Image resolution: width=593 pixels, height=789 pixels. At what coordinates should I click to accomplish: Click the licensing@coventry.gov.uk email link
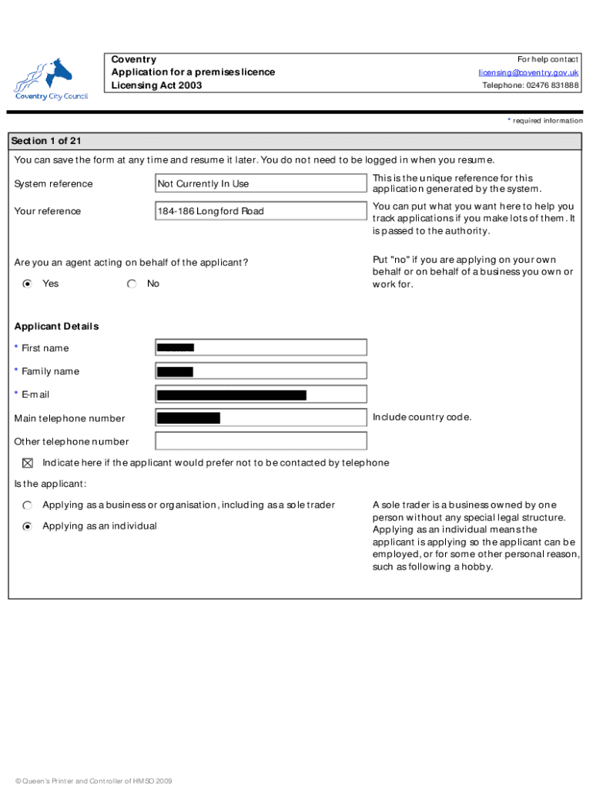tap(528, 72)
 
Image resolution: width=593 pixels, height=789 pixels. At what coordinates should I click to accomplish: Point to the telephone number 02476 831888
tap(531, 86)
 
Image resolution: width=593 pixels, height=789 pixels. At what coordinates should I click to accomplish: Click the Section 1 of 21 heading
tap(46, 141)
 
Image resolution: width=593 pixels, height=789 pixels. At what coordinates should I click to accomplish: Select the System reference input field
tap(261, 183)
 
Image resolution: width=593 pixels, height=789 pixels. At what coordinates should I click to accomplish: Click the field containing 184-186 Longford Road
tap(261, 211)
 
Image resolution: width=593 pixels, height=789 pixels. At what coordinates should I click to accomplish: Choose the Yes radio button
tap(28, 284)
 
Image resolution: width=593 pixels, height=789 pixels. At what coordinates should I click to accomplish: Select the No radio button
tap(132, 284)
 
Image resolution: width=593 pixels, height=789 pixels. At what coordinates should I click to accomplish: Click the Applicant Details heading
tap(56, 326)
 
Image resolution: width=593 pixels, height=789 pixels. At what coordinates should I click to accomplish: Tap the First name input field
tap(261, 347)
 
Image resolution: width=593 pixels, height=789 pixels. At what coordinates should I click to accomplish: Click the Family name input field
tap(261, 371)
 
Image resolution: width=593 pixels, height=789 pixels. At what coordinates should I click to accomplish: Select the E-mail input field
tap(261, 394)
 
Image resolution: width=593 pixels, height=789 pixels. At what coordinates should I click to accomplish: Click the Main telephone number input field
tap(261, 418)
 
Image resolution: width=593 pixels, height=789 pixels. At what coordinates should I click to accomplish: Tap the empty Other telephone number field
tap(261, 442)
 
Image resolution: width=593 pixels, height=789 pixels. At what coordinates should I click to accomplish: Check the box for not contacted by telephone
tap(28, 463)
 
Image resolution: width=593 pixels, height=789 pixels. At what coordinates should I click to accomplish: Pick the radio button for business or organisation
tap(28, 505)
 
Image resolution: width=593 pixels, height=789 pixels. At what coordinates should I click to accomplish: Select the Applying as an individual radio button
tap(28, 526)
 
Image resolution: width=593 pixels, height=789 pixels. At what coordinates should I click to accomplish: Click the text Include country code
tap(422, 418)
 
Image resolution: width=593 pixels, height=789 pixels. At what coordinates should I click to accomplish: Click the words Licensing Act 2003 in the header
tap(156, 86)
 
